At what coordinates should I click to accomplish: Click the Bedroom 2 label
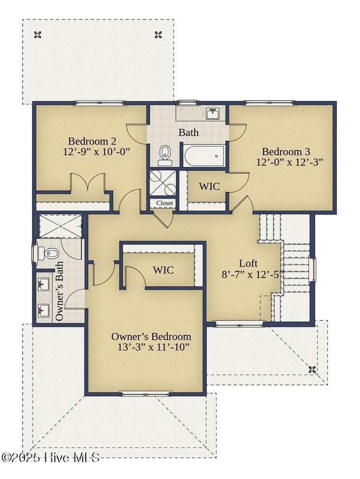92,141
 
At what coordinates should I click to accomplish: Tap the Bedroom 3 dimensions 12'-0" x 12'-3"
290,162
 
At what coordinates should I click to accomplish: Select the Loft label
248,263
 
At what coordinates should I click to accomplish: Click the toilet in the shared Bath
165,155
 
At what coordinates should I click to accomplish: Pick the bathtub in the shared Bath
204,156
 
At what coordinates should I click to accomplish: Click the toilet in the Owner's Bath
48,253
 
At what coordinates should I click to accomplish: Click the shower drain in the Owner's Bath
61,226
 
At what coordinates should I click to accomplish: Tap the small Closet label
164,203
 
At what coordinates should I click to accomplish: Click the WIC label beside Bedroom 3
209,186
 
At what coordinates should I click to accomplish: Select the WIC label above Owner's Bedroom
163,270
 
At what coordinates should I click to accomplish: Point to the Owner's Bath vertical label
60,291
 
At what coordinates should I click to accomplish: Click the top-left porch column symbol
37,35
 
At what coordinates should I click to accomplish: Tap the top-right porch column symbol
158,35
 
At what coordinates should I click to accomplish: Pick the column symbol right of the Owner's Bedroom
312,369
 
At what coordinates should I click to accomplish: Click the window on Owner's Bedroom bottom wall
146,394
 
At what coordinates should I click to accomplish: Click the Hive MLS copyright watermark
51,457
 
